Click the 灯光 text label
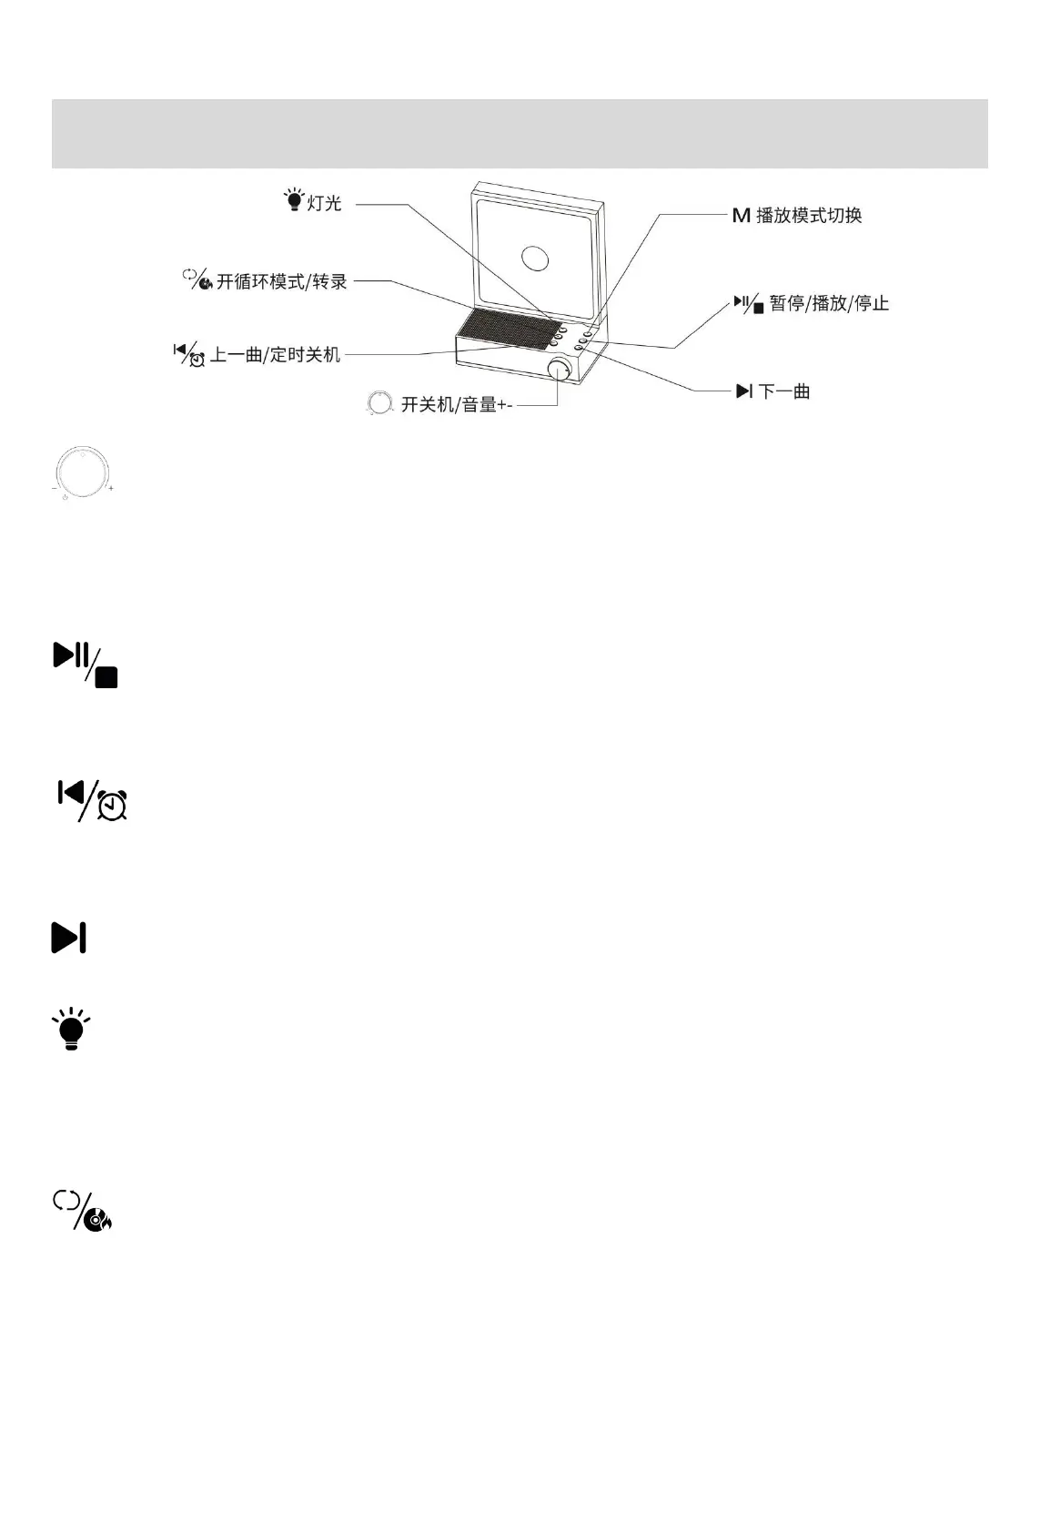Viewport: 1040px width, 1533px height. click(324, 203)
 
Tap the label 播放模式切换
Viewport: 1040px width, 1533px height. click(809, 216)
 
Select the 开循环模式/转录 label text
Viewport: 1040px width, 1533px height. click(282, 281)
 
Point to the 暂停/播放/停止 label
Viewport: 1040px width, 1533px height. click(829, 303)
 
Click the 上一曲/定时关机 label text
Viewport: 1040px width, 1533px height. click(275, 354)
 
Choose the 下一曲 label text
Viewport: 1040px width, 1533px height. click(784, 391)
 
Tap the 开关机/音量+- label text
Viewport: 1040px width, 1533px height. click(457, 404)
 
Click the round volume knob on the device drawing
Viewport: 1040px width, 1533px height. click(560, 369)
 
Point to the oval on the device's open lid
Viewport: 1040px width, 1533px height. click(535, 259)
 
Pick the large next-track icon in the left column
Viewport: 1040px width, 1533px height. click(69, 937)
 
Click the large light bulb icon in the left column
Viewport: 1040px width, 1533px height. click(71, 1030)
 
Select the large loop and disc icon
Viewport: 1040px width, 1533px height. click(83, 1211)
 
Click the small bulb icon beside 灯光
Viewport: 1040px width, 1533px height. click(294, 200)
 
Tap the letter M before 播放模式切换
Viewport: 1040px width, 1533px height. click(741, 216)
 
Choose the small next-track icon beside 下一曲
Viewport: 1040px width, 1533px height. click(744, 391)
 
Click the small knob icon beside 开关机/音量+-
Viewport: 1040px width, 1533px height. click(379, 403)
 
